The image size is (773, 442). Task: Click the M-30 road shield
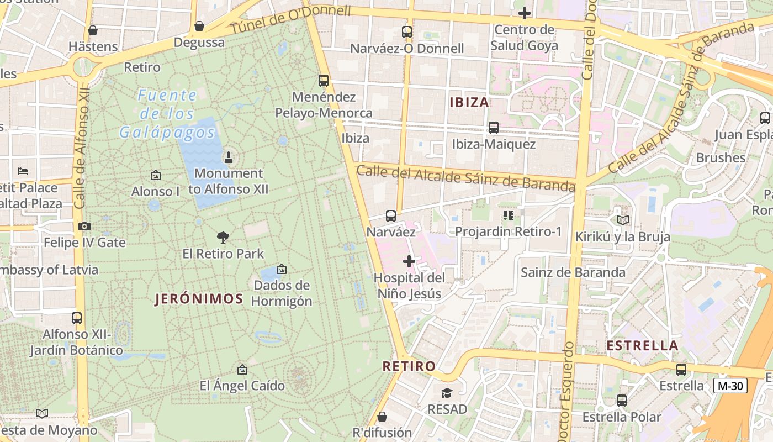point(730,386)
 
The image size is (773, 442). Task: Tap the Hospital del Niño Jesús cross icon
point(409,261)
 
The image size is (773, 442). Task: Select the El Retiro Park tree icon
point(223,238)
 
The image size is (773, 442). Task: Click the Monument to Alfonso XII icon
point(228,157)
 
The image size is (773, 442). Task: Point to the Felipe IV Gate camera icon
point(84,226)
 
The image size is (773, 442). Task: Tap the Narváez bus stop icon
point(391,215)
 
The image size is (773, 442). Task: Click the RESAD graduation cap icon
point(447,393)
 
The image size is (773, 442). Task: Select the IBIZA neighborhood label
point(469,102)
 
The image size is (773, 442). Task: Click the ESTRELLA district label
point(642,346)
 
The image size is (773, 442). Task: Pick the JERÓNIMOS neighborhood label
point(199,299)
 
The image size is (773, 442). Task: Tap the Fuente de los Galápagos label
point(167,114)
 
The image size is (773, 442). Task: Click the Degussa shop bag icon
point(199,26)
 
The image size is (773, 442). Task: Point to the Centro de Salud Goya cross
point(524,13)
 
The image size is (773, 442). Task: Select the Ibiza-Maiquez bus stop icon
point(494,128)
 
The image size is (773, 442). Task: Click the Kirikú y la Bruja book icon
point(623,220)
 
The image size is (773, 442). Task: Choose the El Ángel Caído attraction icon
point(242,370)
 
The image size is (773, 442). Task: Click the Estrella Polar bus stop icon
point(622,401)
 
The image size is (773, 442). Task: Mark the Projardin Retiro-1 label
point(508,231)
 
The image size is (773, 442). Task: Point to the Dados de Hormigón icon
point(282,269)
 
